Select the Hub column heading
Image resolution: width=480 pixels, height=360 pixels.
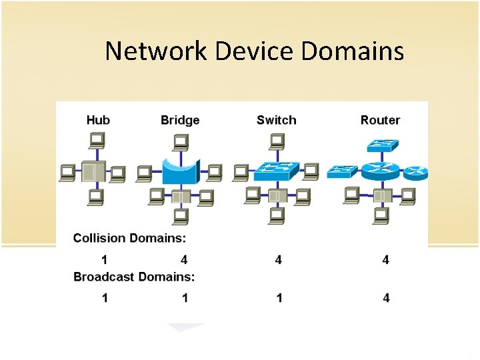98,120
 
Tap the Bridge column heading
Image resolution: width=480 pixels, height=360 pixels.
180,120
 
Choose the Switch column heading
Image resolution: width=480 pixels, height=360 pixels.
276,120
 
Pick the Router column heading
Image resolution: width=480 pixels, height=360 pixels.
380,120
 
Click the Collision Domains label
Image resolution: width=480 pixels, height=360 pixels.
129,237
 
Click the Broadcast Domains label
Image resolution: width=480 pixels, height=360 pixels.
134,276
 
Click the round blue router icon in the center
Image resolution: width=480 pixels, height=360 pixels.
379,171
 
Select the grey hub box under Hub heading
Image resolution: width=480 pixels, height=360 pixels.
93,171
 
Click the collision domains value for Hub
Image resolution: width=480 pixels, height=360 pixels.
105,259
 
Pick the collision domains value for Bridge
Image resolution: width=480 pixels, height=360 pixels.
184,259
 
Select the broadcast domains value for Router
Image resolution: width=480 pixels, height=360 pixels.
386,297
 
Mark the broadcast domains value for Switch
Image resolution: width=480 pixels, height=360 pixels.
279,297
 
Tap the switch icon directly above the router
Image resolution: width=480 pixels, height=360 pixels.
381,145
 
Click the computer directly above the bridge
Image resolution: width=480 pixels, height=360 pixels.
180,141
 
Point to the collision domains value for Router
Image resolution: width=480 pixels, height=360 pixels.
386,259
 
